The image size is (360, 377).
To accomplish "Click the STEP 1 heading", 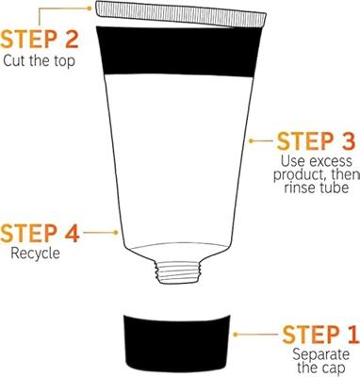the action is click(x=320, y=335).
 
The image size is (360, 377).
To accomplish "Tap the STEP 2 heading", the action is click(x=39, y=39).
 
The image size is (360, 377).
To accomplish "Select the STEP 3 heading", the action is click(x=316, y=141).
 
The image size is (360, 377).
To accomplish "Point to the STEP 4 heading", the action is click(x=40, y=234).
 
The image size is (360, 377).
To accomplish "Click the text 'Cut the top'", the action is click(x=40, y=60).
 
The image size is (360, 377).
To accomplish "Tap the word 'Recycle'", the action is click(x=35, y=254).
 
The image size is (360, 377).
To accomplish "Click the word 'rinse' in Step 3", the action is click(x=300, y=188).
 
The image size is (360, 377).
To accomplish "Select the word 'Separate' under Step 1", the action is click(x=320, y=354).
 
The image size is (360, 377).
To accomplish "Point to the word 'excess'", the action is click(x=331, y=162).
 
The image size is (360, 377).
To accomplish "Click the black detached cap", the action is click(x=176, y=345).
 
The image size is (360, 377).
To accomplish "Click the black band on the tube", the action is click(x=179, y=52).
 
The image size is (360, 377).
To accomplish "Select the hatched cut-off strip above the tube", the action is click(x=181, y=14).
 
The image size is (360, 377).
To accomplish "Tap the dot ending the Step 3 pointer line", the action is click(x=251, y=141).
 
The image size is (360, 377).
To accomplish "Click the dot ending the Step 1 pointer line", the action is click(x=236, y=335).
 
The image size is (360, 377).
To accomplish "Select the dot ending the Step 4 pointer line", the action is click(x=116, y=233).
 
